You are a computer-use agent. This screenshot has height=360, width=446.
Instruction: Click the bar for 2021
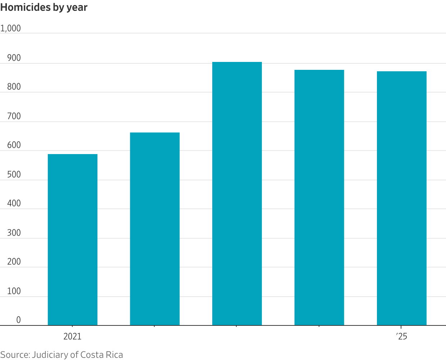tap(73, 240)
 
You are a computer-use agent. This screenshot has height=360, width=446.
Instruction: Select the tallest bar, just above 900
tap(237, 194)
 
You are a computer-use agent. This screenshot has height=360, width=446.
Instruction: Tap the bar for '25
tap(402, 198)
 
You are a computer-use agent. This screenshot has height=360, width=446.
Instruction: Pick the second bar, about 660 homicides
tap(155, 229)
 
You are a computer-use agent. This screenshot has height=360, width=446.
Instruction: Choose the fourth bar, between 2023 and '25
tap(319, 198)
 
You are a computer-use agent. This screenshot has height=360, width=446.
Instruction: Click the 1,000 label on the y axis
tap(10, 28)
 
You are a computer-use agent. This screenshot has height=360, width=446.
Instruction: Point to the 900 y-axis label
tap(14, 58)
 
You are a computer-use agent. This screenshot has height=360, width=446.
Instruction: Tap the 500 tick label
tap(14, 175)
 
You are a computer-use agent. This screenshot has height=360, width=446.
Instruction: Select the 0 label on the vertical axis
tap(18, 320)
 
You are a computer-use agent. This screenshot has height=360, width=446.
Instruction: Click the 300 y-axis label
tap(14, 233)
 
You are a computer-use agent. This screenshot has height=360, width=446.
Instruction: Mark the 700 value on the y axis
tap(14, 116)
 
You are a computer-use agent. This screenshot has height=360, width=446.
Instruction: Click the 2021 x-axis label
tap(72, 337)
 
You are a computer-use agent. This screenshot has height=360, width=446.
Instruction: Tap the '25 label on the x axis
tap(401, 337)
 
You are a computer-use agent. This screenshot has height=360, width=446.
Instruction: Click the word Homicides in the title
tap(26, 7)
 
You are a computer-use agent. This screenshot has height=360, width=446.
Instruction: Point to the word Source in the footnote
tap(15, 355)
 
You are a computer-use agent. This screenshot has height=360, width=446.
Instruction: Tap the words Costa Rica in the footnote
tap(102, 355)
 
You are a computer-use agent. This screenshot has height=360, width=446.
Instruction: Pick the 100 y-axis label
tap(14, 291)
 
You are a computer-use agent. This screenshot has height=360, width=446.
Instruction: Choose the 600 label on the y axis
tap(14, 145)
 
